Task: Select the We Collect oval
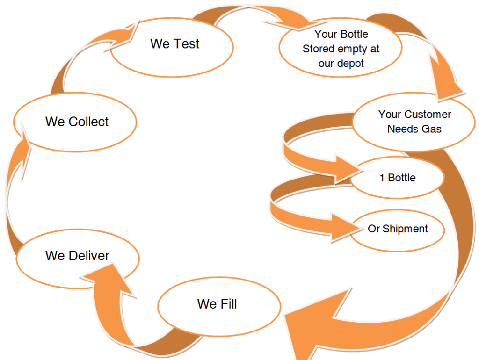(75, 122)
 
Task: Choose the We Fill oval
(219, 305)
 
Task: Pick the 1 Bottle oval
(397, 178)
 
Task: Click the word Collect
(89, 122)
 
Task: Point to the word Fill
(228, 304)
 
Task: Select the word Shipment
(405, 229)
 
